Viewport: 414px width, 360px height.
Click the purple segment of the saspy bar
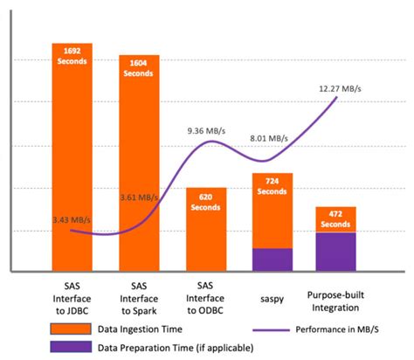[x=273, y=259]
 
